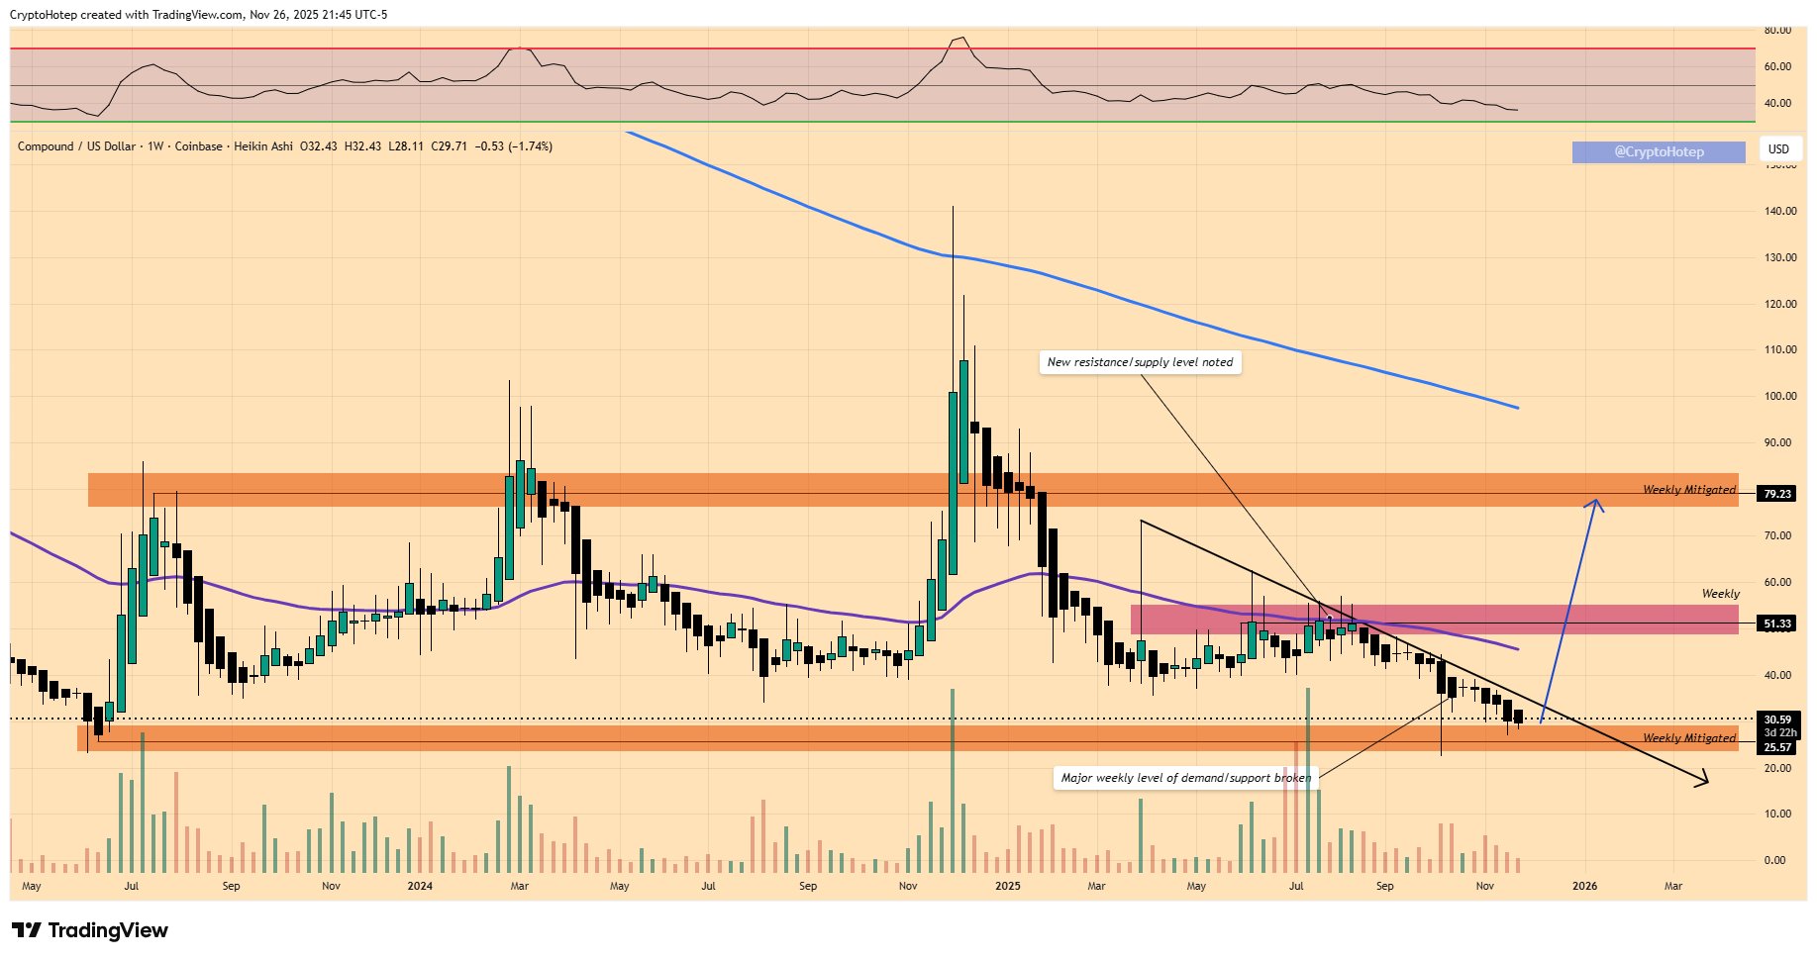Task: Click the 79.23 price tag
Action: coord(1777,494)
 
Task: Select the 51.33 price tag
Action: coord(1777,624)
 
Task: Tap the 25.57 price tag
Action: coord(1777,747)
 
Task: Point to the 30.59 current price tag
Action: coord(1777,720)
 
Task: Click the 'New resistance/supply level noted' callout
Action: coord(1140,362)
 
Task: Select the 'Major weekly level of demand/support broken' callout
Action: coord(1185,778)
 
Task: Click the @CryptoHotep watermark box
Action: coord(1659,151)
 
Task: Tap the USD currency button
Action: coord(1778,149)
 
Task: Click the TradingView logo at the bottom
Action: coord(90,930)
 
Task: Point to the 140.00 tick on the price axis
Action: coord(1779,211)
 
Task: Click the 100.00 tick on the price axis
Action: coord(1779,396)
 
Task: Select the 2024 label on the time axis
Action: coord(420,886)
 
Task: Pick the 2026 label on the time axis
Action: coord(1584,886)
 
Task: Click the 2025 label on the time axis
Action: coord(1007,886)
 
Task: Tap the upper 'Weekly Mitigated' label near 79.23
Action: coord(1688,490)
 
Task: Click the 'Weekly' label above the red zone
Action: coord(1720,594)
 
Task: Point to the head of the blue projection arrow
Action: coord(1595,502)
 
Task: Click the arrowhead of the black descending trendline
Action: coord(1704,783)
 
